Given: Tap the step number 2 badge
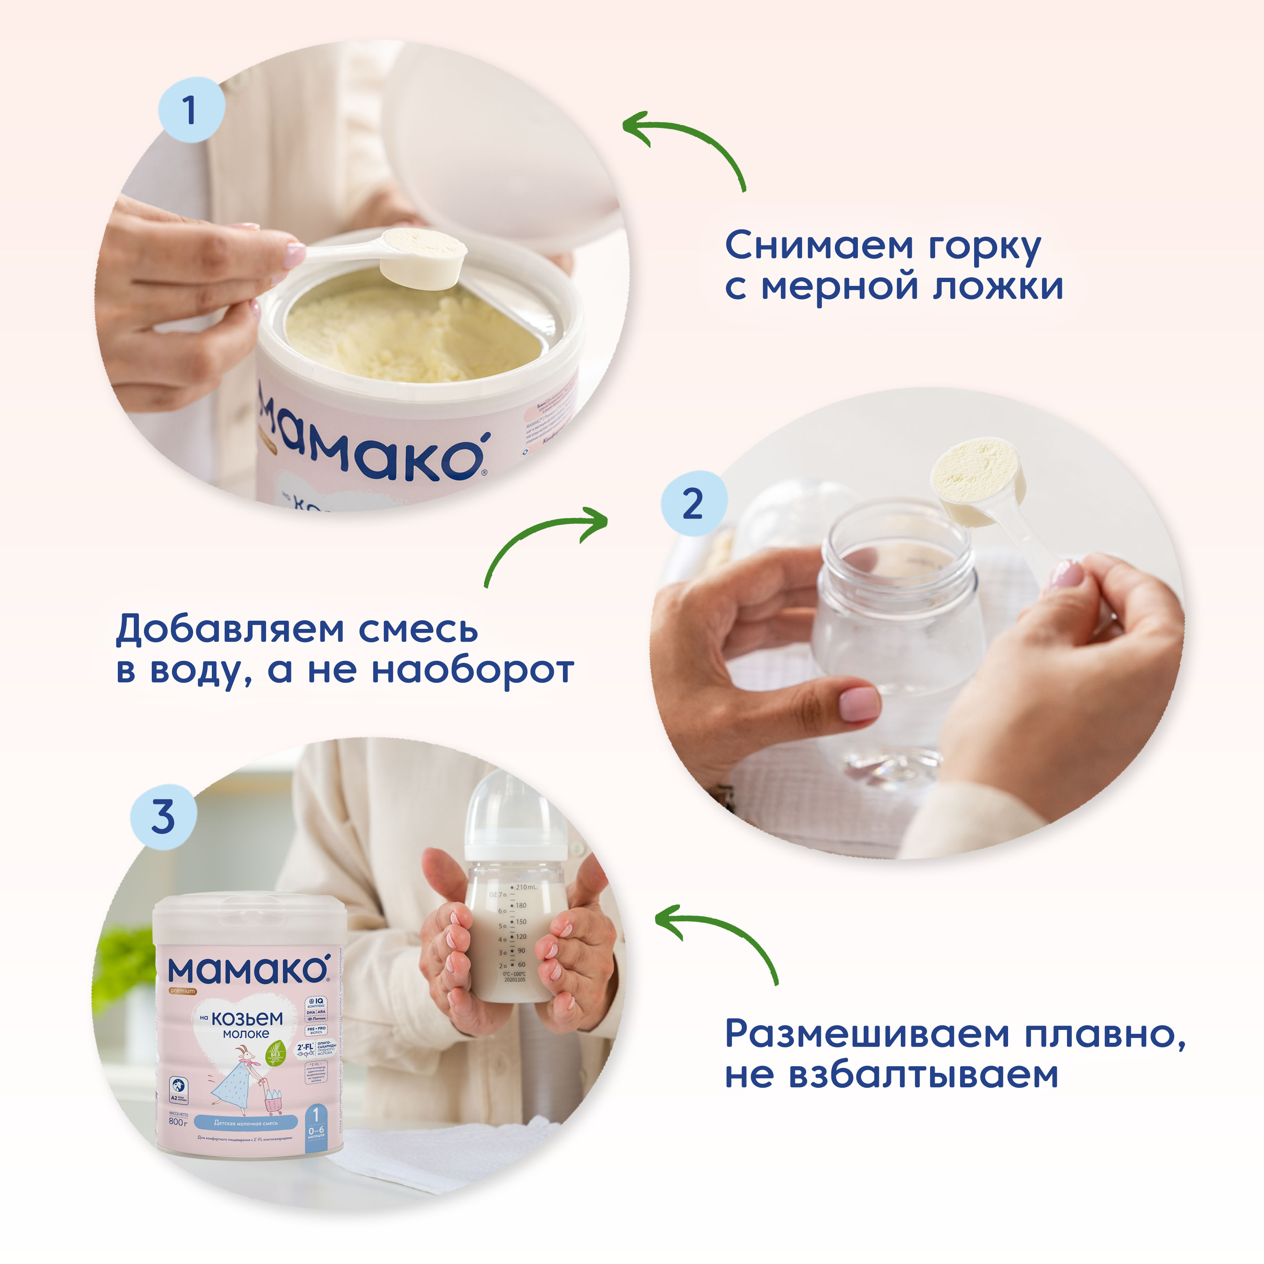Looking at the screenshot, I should pyautogui.click(x=693, y=504).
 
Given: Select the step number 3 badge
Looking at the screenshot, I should pyautogui.click(x=163, y=817).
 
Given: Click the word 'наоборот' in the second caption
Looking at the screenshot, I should pyautogui.click(x=472, y=671).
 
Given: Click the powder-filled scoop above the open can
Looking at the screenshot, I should pyautogui.click(x=424, y=252).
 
